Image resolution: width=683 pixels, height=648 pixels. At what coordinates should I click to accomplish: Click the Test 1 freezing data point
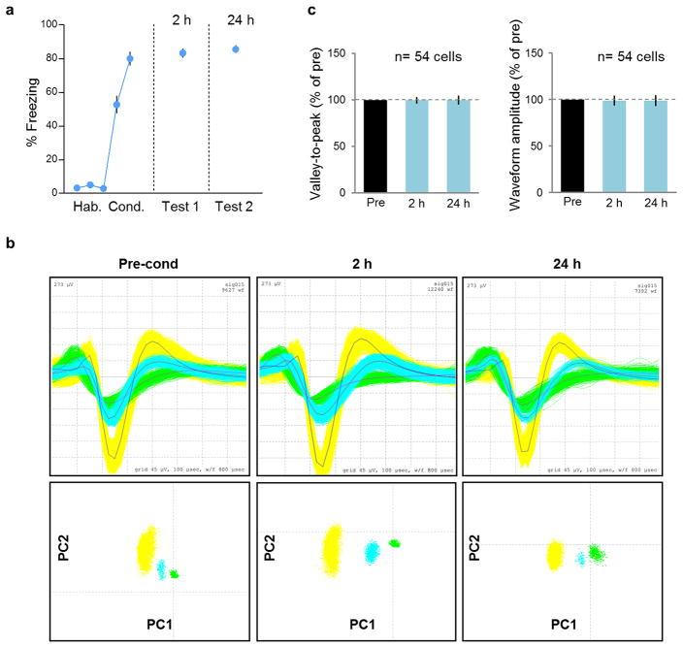click(x=182, y=52)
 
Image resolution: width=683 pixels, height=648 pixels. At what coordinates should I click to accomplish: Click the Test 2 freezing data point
click(x=235, y=49)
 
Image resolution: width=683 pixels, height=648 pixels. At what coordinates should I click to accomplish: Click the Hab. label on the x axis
click(x=87, y=206)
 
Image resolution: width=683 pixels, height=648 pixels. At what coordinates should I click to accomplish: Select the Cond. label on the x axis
click(x=125, y=206)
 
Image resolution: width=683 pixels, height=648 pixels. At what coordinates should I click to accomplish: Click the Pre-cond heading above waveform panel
click(x=148, y=263)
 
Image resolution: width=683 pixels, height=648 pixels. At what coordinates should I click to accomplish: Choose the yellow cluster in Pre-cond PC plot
click(x=147, y=551)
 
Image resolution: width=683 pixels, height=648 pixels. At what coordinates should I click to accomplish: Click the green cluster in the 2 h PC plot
click(x=394, y=543)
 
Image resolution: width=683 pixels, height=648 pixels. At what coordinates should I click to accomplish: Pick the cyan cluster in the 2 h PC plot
click(x=371, y=552)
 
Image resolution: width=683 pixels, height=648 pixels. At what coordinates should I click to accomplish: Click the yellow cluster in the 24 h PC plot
click(x=555, y=555)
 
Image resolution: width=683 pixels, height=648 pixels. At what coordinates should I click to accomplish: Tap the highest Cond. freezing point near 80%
click(x=129, y=58)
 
